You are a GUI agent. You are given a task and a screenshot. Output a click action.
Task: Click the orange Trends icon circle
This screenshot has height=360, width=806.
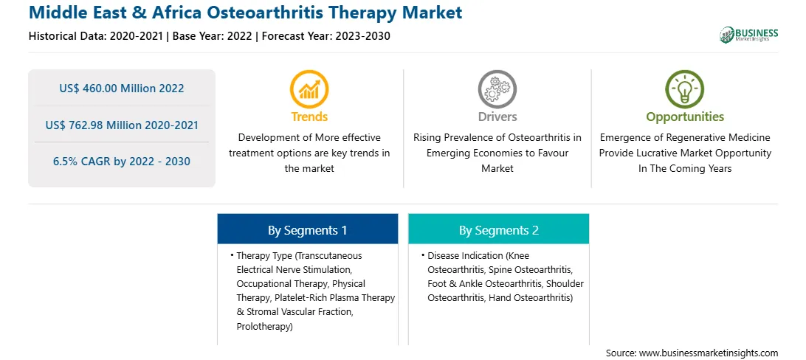click(309, 89)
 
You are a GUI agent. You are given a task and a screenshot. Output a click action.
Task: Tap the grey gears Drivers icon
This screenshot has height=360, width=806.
click(497, 89)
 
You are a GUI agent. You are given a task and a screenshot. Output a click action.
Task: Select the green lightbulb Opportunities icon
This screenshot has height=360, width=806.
click(685, 89)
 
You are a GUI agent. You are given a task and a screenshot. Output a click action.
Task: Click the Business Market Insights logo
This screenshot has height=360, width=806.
click(748, 35)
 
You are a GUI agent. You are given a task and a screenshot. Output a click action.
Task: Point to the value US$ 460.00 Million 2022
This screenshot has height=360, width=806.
click(121, 88)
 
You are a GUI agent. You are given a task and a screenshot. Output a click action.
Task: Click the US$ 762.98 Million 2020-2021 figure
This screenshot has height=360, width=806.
click(122, 125)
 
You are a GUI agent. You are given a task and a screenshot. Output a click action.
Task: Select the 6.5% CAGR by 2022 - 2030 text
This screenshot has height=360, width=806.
click(122, 162)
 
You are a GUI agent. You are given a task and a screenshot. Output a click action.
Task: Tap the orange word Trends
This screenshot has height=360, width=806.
click(309, 117)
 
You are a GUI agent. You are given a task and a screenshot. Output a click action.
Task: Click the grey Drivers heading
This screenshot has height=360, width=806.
click(497, 117)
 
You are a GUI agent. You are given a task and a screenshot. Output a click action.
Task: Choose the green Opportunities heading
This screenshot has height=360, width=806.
click(685, 117)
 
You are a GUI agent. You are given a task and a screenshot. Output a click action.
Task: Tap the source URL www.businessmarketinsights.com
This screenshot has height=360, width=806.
click(709, 353)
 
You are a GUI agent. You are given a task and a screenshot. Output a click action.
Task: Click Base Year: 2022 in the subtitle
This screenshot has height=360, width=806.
click(213, 36)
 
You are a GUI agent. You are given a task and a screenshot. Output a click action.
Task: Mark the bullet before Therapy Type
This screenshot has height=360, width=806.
click(232, 255)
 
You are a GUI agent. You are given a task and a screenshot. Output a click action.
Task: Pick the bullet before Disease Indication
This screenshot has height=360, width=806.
click(423, 255)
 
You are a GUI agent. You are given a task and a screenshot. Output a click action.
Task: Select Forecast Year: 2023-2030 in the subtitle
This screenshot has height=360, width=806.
click(323, 36)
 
